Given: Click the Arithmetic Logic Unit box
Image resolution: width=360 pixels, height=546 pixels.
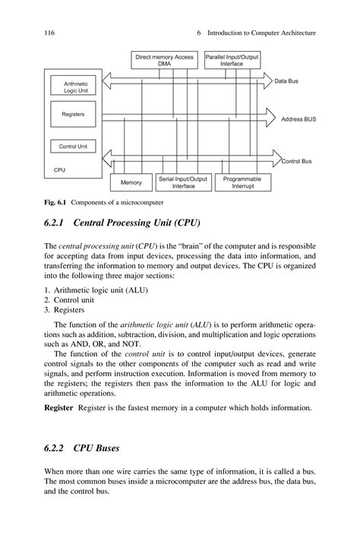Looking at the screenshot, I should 76,87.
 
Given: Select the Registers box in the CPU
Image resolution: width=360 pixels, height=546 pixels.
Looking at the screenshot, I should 73,115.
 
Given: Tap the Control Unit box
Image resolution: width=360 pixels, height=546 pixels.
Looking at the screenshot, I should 73,147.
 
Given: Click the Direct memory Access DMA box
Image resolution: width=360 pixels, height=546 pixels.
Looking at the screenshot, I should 165,60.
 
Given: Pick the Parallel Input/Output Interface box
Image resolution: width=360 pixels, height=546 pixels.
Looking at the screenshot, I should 232,60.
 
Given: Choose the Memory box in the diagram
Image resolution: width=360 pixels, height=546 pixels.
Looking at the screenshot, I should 131,183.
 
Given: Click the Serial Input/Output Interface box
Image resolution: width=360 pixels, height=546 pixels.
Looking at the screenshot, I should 183,182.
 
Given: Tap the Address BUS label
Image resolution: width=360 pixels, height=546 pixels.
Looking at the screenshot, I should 298,119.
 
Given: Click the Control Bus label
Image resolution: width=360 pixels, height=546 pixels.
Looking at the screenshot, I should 296,161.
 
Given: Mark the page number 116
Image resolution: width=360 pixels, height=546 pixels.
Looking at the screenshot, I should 52,33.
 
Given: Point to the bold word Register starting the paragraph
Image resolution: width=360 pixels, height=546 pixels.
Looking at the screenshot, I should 60,408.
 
